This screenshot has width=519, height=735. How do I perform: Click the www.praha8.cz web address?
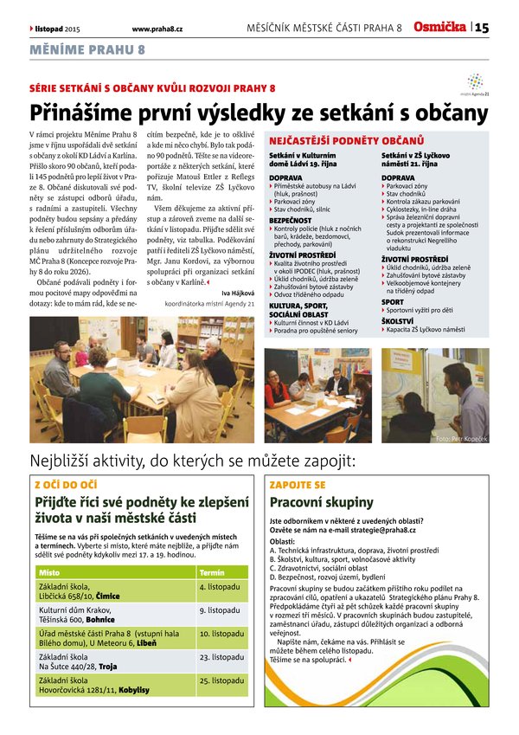163,29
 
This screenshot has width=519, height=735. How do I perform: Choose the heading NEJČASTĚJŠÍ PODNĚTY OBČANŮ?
346,139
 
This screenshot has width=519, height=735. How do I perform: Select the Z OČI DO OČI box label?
66,485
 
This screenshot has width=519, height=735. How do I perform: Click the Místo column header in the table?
49,572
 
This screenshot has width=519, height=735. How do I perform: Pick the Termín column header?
212,572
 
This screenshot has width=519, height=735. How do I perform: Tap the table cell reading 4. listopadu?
219,587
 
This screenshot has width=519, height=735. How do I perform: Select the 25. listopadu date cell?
221,680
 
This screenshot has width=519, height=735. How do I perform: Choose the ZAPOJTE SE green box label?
298,485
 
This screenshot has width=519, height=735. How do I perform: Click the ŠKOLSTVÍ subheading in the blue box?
398,343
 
